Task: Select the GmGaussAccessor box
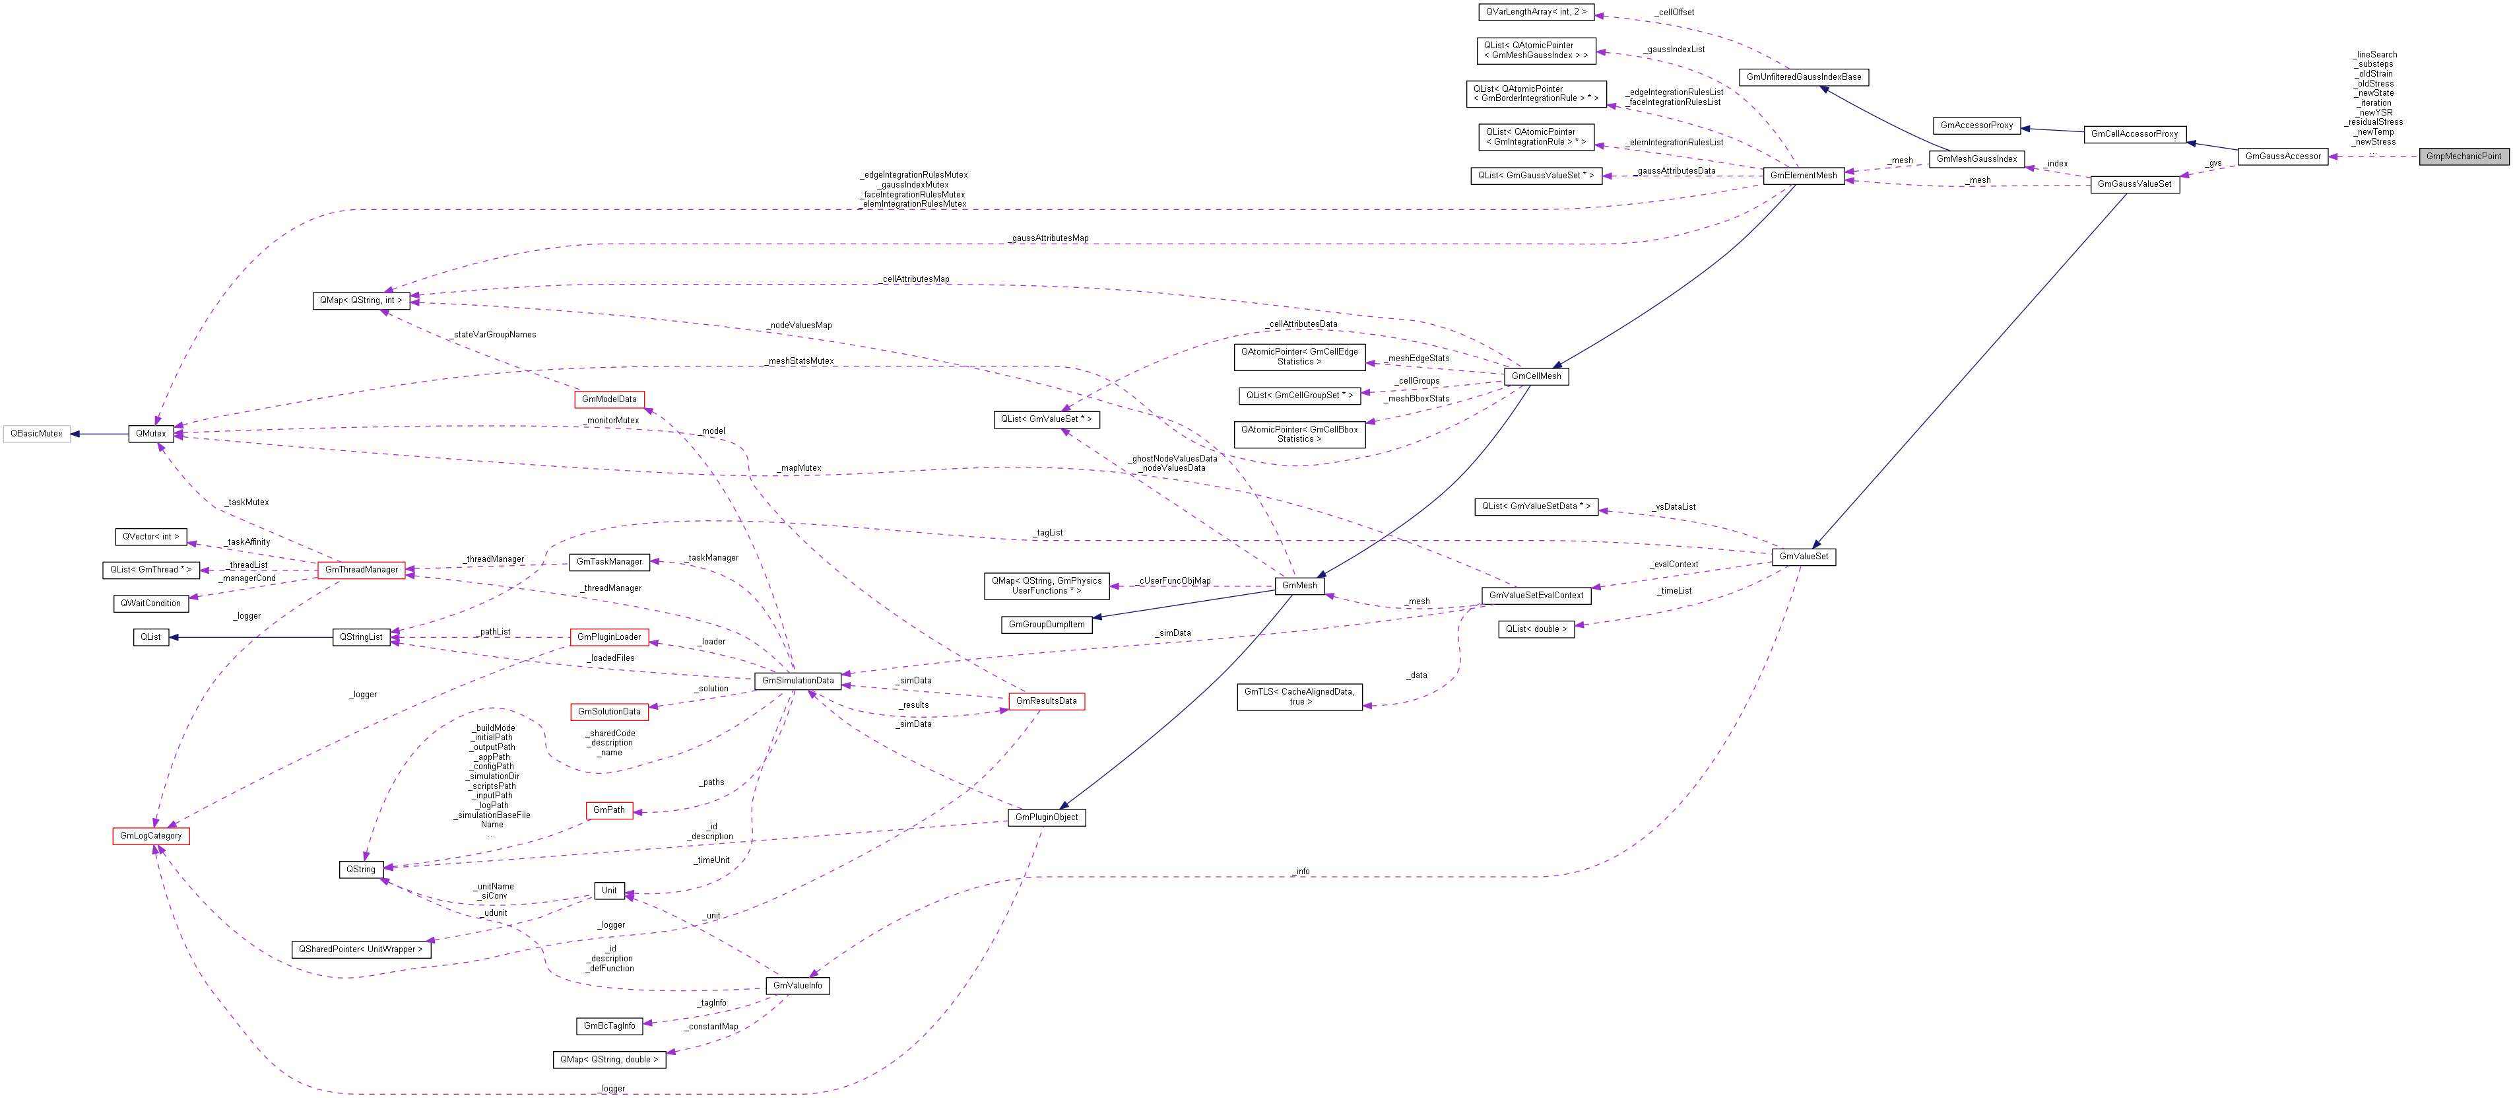(x=2283, y=156)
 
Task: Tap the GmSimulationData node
(x=797, y=680)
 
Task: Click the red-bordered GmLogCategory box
(x=150, y=835)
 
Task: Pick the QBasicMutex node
(x=36, y=433)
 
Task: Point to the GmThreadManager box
(x=361, y=570)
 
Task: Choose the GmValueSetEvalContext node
(x=1536, y=596)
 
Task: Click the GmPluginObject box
(x=1046, y=817)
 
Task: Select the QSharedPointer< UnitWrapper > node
(x=360, y=949)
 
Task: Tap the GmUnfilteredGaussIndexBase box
(x=1803, y=77)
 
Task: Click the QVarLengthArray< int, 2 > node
(x=1536, y=13)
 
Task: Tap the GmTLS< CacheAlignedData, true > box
(x=1299, y=697)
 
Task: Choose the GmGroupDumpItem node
(x=1046, y=625)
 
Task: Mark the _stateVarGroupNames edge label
(x=494, y=335)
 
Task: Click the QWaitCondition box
(x=150, y=603)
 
